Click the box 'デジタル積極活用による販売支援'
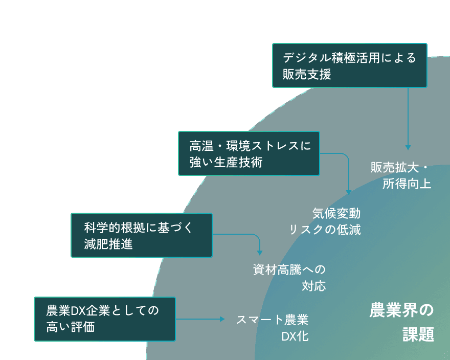coord(350,65)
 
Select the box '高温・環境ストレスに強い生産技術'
coord(249,153)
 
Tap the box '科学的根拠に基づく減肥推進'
coord(141,235)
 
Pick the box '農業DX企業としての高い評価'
coord(105,319)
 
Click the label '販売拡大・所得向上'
coord(402,175)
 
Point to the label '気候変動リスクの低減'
coord(326,221)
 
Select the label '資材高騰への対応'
coord(289,277)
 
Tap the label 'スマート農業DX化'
coord(273,328)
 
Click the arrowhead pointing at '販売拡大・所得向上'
coord(408,147)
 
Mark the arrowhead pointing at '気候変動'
coord(349,192)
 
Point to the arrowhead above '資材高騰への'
coord(260,253)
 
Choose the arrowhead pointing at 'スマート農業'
coord(222,319)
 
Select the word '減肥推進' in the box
coord(108,244)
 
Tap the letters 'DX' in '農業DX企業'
coord(77,310)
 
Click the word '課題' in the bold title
coord(418,335)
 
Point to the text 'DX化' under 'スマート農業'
coord(295,336)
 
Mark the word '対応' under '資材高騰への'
coord(313,285)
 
